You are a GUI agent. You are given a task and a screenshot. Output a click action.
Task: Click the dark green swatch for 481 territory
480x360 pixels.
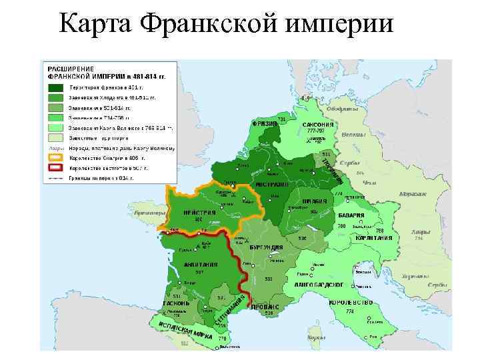(56, 88)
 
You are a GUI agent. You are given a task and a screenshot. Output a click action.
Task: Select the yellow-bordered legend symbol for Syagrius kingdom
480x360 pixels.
(56, 158)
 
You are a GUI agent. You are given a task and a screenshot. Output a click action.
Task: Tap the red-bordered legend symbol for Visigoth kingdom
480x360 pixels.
(56, 168)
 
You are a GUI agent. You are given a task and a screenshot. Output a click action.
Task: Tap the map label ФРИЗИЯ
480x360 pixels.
(264, 123)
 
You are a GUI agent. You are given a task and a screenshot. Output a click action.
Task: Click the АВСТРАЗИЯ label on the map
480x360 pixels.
(272, 184)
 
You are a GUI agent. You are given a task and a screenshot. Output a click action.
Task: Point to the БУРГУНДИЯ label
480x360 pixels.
(267, 247)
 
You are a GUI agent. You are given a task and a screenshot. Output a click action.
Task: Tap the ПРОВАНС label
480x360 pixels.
(266, 306)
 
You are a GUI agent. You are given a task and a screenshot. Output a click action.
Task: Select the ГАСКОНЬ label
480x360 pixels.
(177, 302)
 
